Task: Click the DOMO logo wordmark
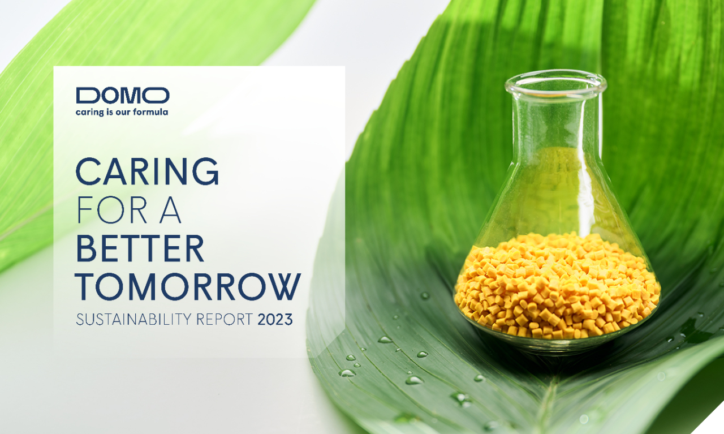point(123,96)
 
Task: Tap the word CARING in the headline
point(148,171)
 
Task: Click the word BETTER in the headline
point(140,248)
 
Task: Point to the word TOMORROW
point(188,286)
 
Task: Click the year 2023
point(275,320)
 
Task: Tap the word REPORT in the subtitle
point(225,320)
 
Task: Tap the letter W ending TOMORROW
point(284,286)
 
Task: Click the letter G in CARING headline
point(206,171)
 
